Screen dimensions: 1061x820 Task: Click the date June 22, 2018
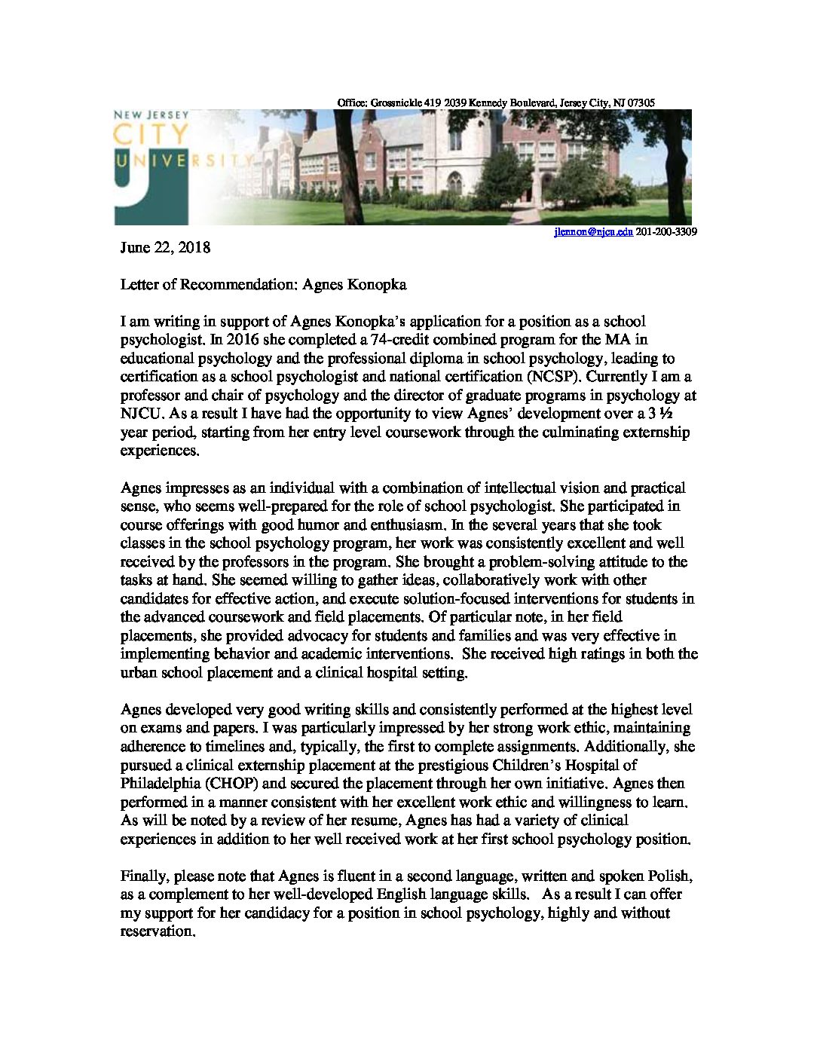[x=165, y=248]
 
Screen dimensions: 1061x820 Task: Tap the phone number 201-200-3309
[x=666, y=232]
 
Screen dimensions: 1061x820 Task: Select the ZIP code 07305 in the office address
[x=641, y=102]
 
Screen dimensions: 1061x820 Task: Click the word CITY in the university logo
[x=151, y=135]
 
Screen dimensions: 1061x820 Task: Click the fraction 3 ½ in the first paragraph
[x=660, y=414]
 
